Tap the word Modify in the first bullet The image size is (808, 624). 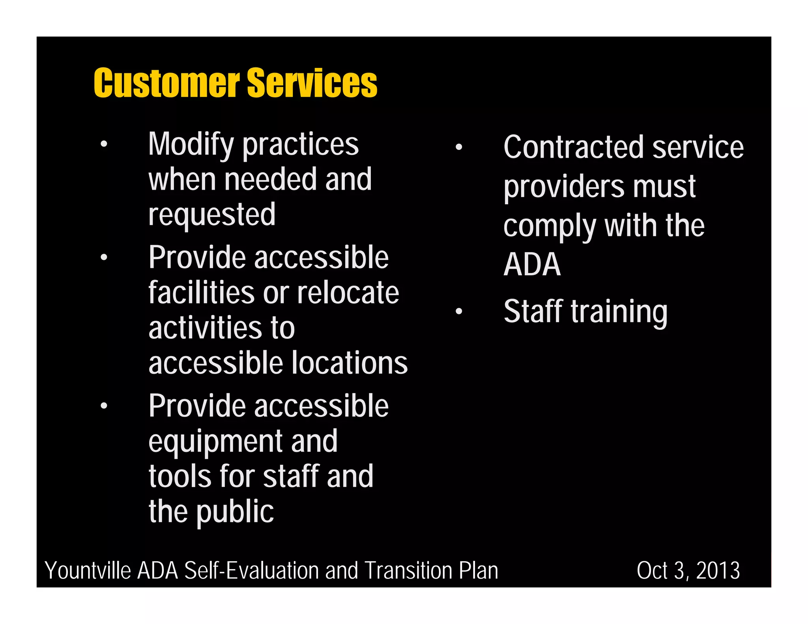coord(191,145)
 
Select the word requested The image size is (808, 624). coord(212,215)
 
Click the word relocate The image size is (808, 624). coord(348,293)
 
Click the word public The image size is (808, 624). coord(235,512)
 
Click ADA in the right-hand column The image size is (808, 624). coord(532,265)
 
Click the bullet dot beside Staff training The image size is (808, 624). coord(458,312)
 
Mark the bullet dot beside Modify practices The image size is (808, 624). coord(104,144)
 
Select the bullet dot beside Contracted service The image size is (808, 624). coord(458,148)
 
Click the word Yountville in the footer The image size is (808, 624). coord(88,571)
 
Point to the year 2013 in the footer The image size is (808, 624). coord(718,571)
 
